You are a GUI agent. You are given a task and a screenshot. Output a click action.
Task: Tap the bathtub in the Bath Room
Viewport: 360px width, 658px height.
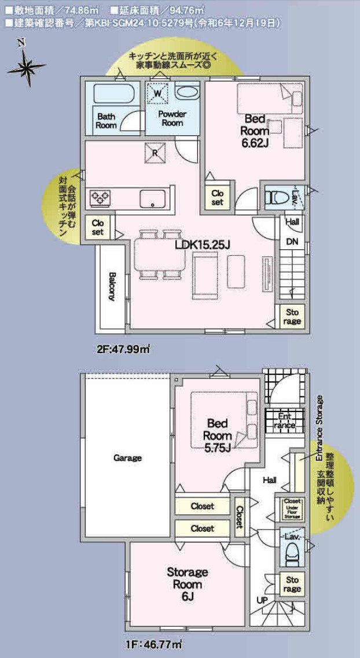113,94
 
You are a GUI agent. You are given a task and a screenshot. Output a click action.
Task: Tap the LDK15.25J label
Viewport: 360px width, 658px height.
203,245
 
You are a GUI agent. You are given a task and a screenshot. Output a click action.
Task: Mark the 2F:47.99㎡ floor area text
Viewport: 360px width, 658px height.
123,349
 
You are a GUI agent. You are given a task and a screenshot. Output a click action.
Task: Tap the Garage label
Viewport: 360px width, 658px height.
127,458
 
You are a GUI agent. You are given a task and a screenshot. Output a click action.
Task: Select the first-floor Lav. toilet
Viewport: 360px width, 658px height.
292,550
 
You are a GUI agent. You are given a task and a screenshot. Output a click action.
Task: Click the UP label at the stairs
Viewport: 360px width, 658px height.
262,600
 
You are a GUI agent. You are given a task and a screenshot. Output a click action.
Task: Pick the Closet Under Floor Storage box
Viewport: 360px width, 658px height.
292,508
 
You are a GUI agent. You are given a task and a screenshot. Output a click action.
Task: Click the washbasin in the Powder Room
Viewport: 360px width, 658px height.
186,92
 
